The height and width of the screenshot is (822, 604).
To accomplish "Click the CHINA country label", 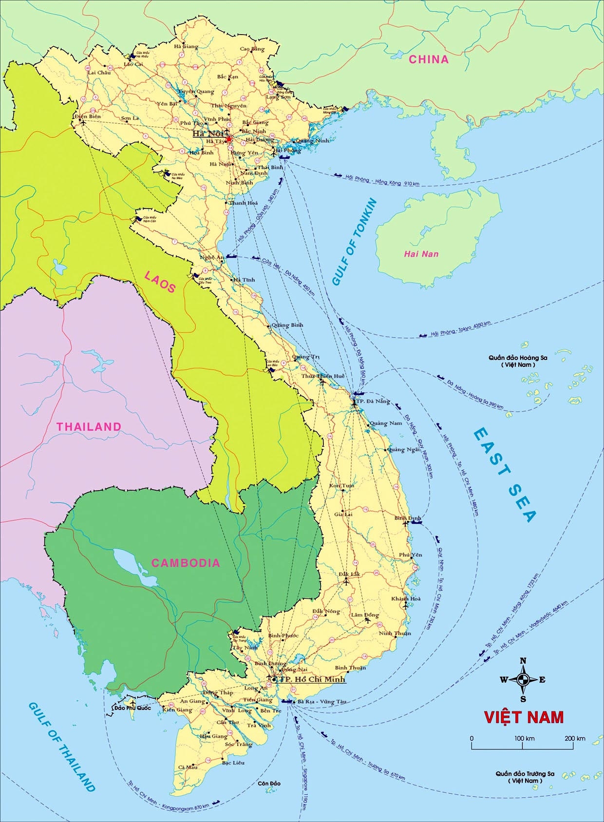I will (x=428, y=59).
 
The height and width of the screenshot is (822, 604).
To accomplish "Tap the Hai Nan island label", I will (x=421, y=254).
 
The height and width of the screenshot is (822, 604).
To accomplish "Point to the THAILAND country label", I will (x=89, y=427).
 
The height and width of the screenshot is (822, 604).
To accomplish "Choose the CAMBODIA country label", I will (x=186, y=563).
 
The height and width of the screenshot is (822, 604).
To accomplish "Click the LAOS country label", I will (x=160, y=282).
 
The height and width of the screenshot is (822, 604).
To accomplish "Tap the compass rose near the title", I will (x=523, y=680).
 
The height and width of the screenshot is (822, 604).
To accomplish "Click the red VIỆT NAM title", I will (x=524, y=717).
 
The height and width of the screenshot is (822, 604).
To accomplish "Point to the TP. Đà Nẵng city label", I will (x=374, y=401).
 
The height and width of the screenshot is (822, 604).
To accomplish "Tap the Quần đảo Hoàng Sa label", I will (x=518, y=361).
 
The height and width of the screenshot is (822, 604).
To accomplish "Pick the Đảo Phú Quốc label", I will (x=132, y=708).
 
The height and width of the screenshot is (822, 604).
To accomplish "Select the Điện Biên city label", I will (x=88, y=117).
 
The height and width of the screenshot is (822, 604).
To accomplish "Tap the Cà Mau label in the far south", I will (x=188, y=767).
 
